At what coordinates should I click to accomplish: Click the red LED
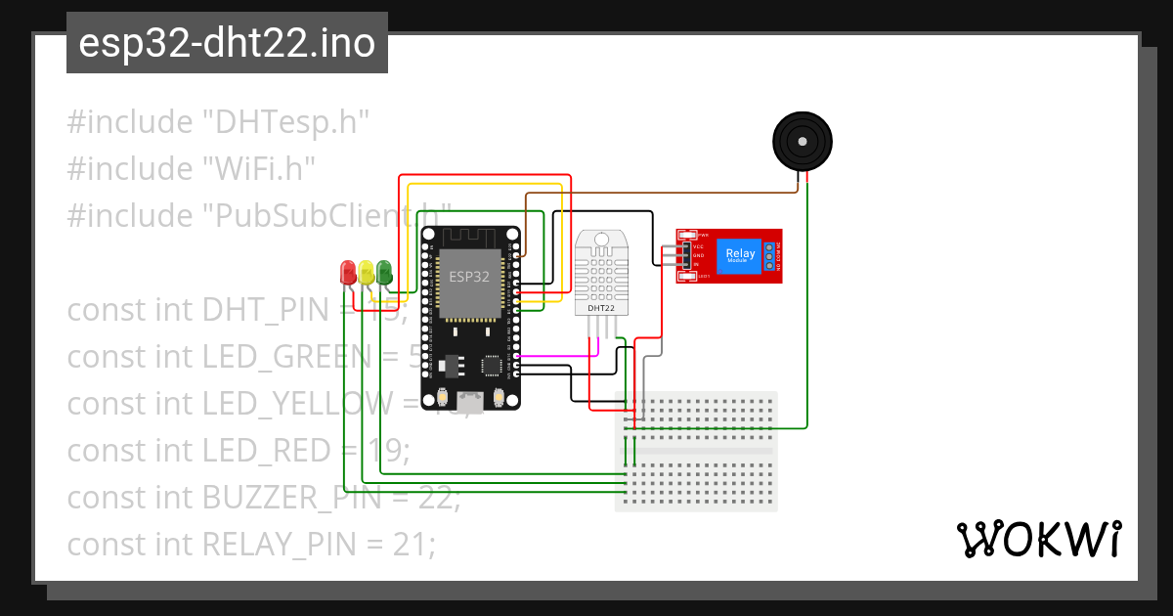tap(347, 272)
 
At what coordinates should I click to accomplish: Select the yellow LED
tap(366, 272)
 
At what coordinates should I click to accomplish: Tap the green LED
tap(383, 272)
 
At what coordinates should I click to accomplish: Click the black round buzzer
tap(802, 142)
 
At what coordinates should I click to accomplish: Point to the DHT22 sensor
tap(601, 274)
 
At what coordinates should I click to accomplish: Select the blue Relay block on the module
tap(739, 256)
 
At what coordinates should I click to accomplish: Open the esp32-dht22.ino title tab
tap(227, 43)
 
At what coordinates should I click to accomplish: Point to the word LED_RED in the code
tap(266, 451)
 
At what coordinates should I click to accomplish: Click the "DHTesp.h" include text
tap(284, 122)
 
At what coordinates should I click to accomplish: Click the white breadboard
tap(696, 451)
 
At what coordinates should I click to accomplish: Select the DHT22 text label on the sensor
tap(600, 309)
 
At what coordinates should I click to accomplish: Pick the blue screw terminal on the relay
tap(770, 256)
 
